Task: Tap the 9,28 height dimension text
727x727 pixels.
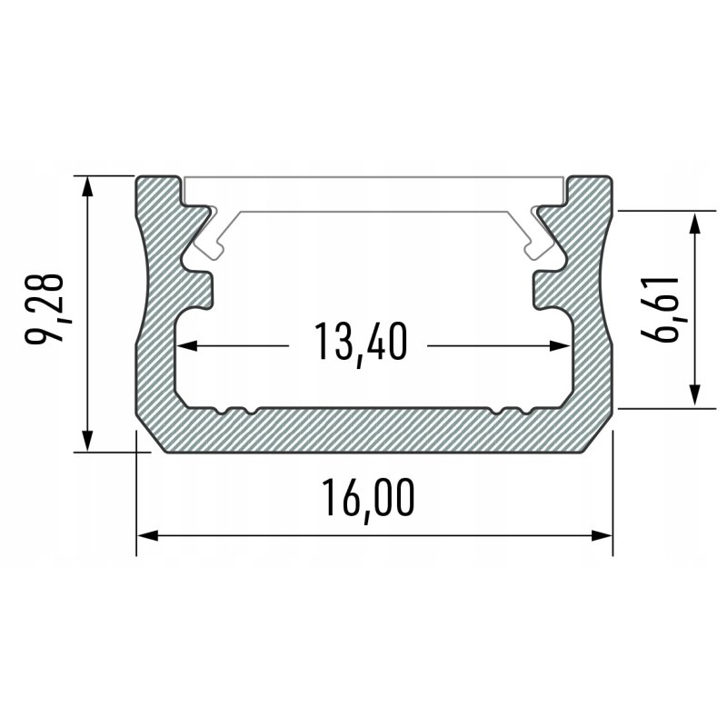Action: pyautogui.click(x=45, y=306)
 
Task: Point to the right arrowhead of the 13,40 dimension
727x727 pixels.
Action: pyautogui.click(x=563, y=345)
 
